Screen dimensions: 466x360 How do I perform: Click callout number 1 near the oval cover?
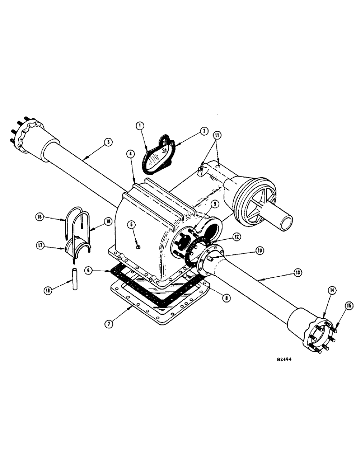(139, 125)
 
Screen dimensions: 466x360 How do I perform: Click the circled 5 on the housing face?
(132, 224)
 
